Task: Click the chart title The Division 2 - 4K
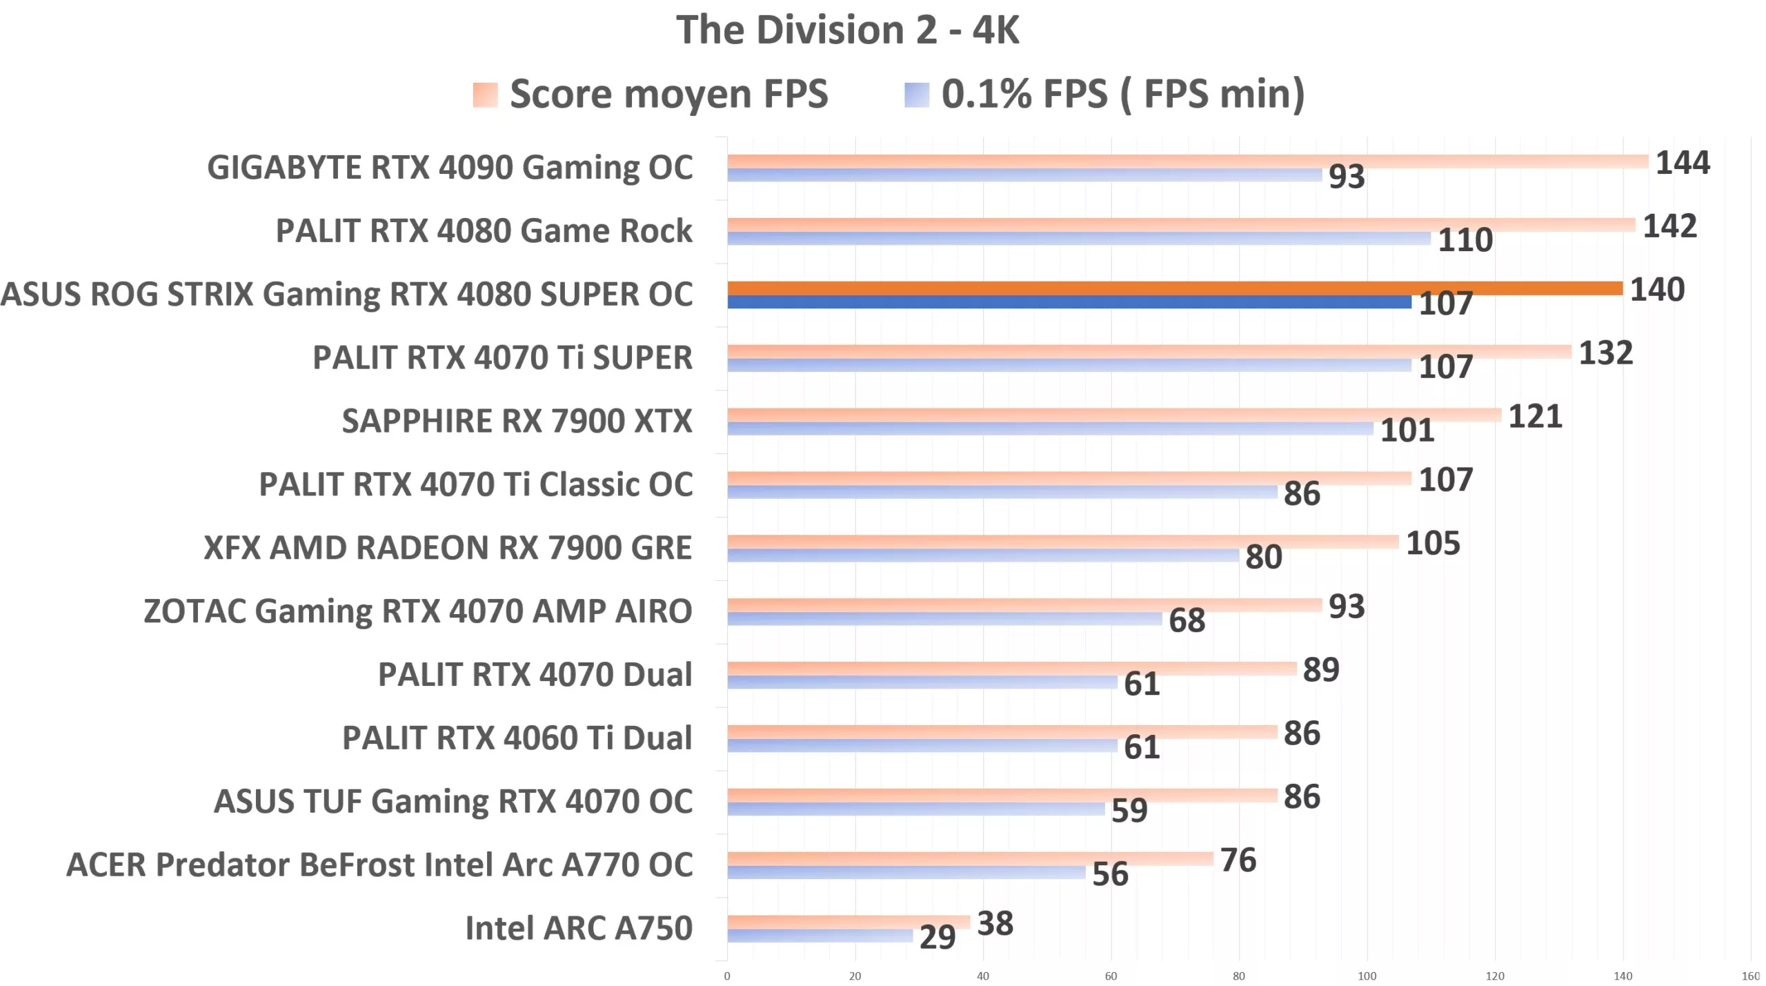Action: (x=847, y=30)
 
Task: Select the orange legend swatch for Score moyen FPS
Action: (x=485, y=95)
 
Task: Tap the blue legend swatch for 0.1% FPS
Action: (x=916, y=95)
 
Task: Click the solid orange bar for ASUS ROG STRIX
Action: (x=1173, y=288)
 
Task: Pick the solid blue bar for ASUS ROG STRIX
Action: (x=1069, y=302)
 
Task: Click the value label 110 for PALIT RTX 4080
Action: (x=1465, y=240)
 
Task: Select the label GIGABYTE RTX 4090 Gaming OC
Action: (x=450, y=168)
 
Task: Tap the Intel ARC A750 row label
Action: (x=578, y=928)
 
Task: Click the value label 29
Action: (x=937, y=937)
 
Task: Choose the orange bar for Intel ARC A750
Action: (x=849, y=921)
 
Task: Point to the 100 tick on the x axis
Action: (x=1367, y=976)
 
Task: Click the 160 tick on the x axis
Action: (x=1750, y=976)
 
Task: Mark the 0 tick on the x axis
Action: (x=727, y=976)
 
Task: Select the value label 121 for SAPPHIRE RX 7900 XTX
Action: (x=1535, y=417)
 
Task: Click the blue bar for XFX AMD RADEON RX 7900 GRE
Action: (x=983, y=555)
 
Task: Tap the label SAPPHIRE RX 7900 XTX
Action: (x=517, y=421)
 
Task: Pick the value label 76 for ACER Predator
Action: (x=1238, y=860)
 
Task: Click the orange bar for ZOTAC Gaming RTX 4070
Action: (x=1024, y=605)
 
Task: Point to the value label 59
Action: (x=1129, y=810)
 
